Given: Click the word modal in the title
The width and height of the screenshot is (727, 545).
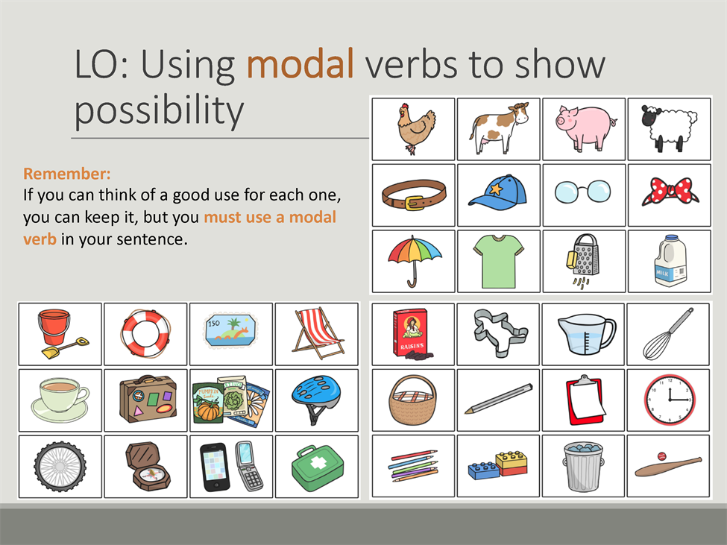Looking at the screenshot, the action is pyautogui.click(x=300, y=63).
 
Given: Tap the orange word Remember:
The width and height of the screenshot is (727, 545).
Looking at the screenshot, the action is pyautogui.click(x=67, y=173).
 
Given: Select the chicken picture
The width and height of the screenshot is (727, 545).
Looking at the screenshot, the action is pyautogui.click(x=415, y=127).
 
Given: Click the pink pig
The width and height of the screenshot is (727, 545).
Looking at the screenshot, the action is pyautogui.click(x=586, y=127).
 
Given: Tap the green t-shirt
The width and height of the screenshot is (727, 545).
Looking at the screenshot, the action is pyautogui.click(x=498, y=260).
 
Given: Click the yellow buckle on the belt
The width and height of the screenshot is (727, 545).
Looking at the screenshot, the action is pyautogui.click(x=414, y=203).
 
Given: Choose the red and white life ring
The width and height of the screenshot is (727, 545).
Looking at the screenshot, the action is pyautogui.click(x=145, y=333).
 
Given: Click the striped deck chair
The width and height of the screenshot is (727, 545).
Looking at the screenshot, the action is pyautogui.click(x=318, y=333).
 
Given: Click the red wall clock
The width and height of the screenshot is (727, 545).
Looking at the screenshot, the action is pyautogui.click(x=669, y=400).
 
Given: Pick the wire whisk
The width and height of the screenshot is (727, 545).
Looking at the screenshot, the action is pyautogui.click(x=667, y=334).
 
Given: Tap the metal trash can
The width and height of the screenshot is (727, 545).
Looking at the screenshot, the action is pyautogui.click(x=583, y=466).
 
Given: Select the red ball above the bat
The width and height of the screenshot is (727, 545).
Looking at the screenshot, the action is pyautogui.click(x=661, y=456).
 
